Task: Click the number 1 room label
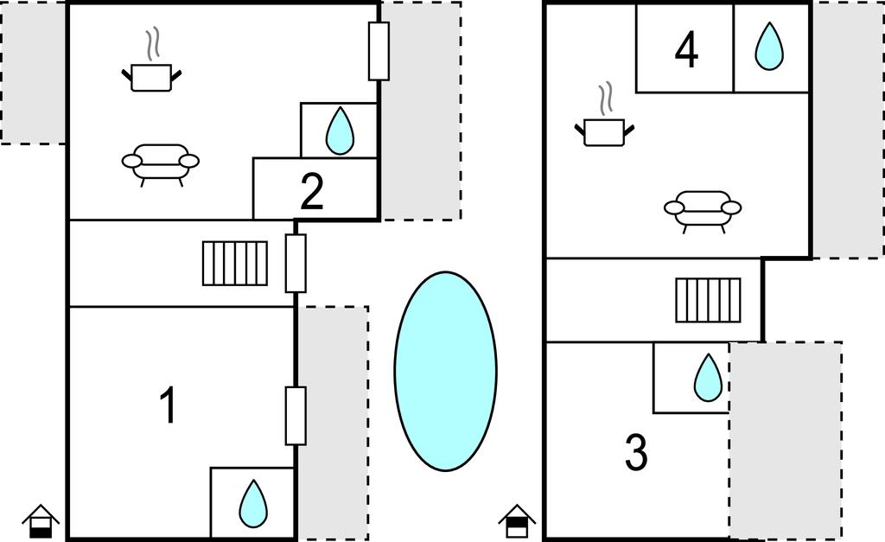coord(169,405)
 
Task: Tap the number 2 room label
coord(312,192)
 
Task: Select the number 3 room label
coord(636,453)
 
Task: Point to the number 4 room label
coord(686,50)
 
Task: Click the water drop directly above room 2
coord(340,131)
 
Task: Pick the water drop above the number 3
coord(708,378)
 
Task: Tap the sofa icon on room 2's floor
coord(161,163)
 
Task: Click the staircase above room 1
coord(235,264)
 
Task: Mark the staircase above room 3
coord(708,300)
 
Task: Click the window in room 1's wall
coord(296,416)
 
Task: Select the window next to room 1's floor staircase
coord(296,263)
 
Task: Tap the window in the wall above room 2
coord(379,51)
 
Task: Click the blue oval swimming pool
coord(445,372)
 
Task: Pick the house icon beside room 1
coord(41,521)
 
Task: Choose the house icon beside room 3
coord(517,521)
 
